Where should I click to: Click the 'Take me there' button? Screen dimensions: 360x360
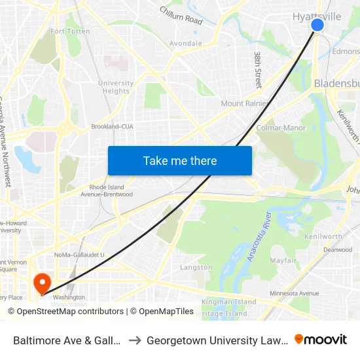pos(180,161)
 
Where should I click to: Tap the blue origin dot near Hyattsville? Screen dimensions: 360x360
pos(317,25)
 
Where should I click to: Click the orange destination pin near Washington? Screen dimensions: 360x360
pos(43,284)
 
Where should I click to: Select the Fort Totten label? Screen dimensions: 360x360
pos(65,31)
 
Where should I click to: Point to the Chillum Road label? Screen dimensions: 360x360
pos(181,16)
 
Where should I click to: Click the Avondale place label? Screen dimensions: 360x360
pos(185,44)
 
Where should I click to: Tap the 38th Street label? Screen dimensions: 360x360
pos(258,70)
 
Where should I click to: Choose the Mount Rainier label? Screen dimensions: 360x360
pos(242,103)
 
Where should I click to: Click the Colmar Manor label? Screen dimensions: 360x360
pos(281,128)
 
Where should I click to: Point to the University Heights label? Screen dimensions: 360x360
pos(116,87)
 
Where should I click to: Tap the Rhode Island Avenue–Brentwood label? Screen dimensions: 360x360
pos(106,190)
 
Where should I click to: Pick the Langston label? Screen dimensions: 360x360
pos(196,267)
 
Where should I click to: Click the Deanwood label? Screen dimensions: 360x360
pos(337,249)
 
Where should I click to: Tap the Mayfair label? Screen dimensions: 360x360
pos(283,260)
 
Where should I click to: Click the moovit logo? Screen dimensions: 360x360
pos(320,339)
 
